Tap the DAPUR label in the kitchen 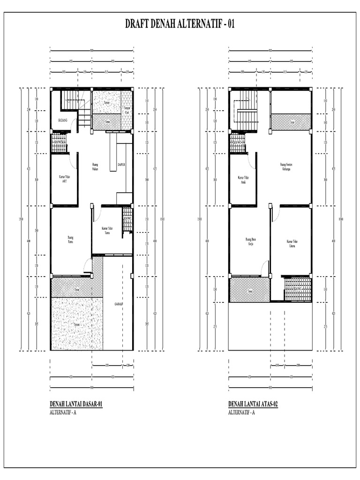pos(121,165)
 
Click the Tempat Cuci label pos(127,110)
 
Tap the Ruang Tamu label pos(71,240)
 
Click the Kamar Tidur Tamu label pos(107,230)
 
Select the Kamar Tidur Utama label pos(292,243)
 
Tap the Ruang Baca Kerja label pos(250,242)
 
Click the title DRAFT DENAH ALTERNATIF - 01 pos(180,24)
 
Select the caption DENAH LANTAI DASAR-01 pos(76,404)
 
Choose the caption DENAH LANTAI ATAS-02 pos(253,404)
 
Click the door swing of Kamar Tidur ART pos(74,162)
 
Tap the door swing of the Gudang pos(73,123)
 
